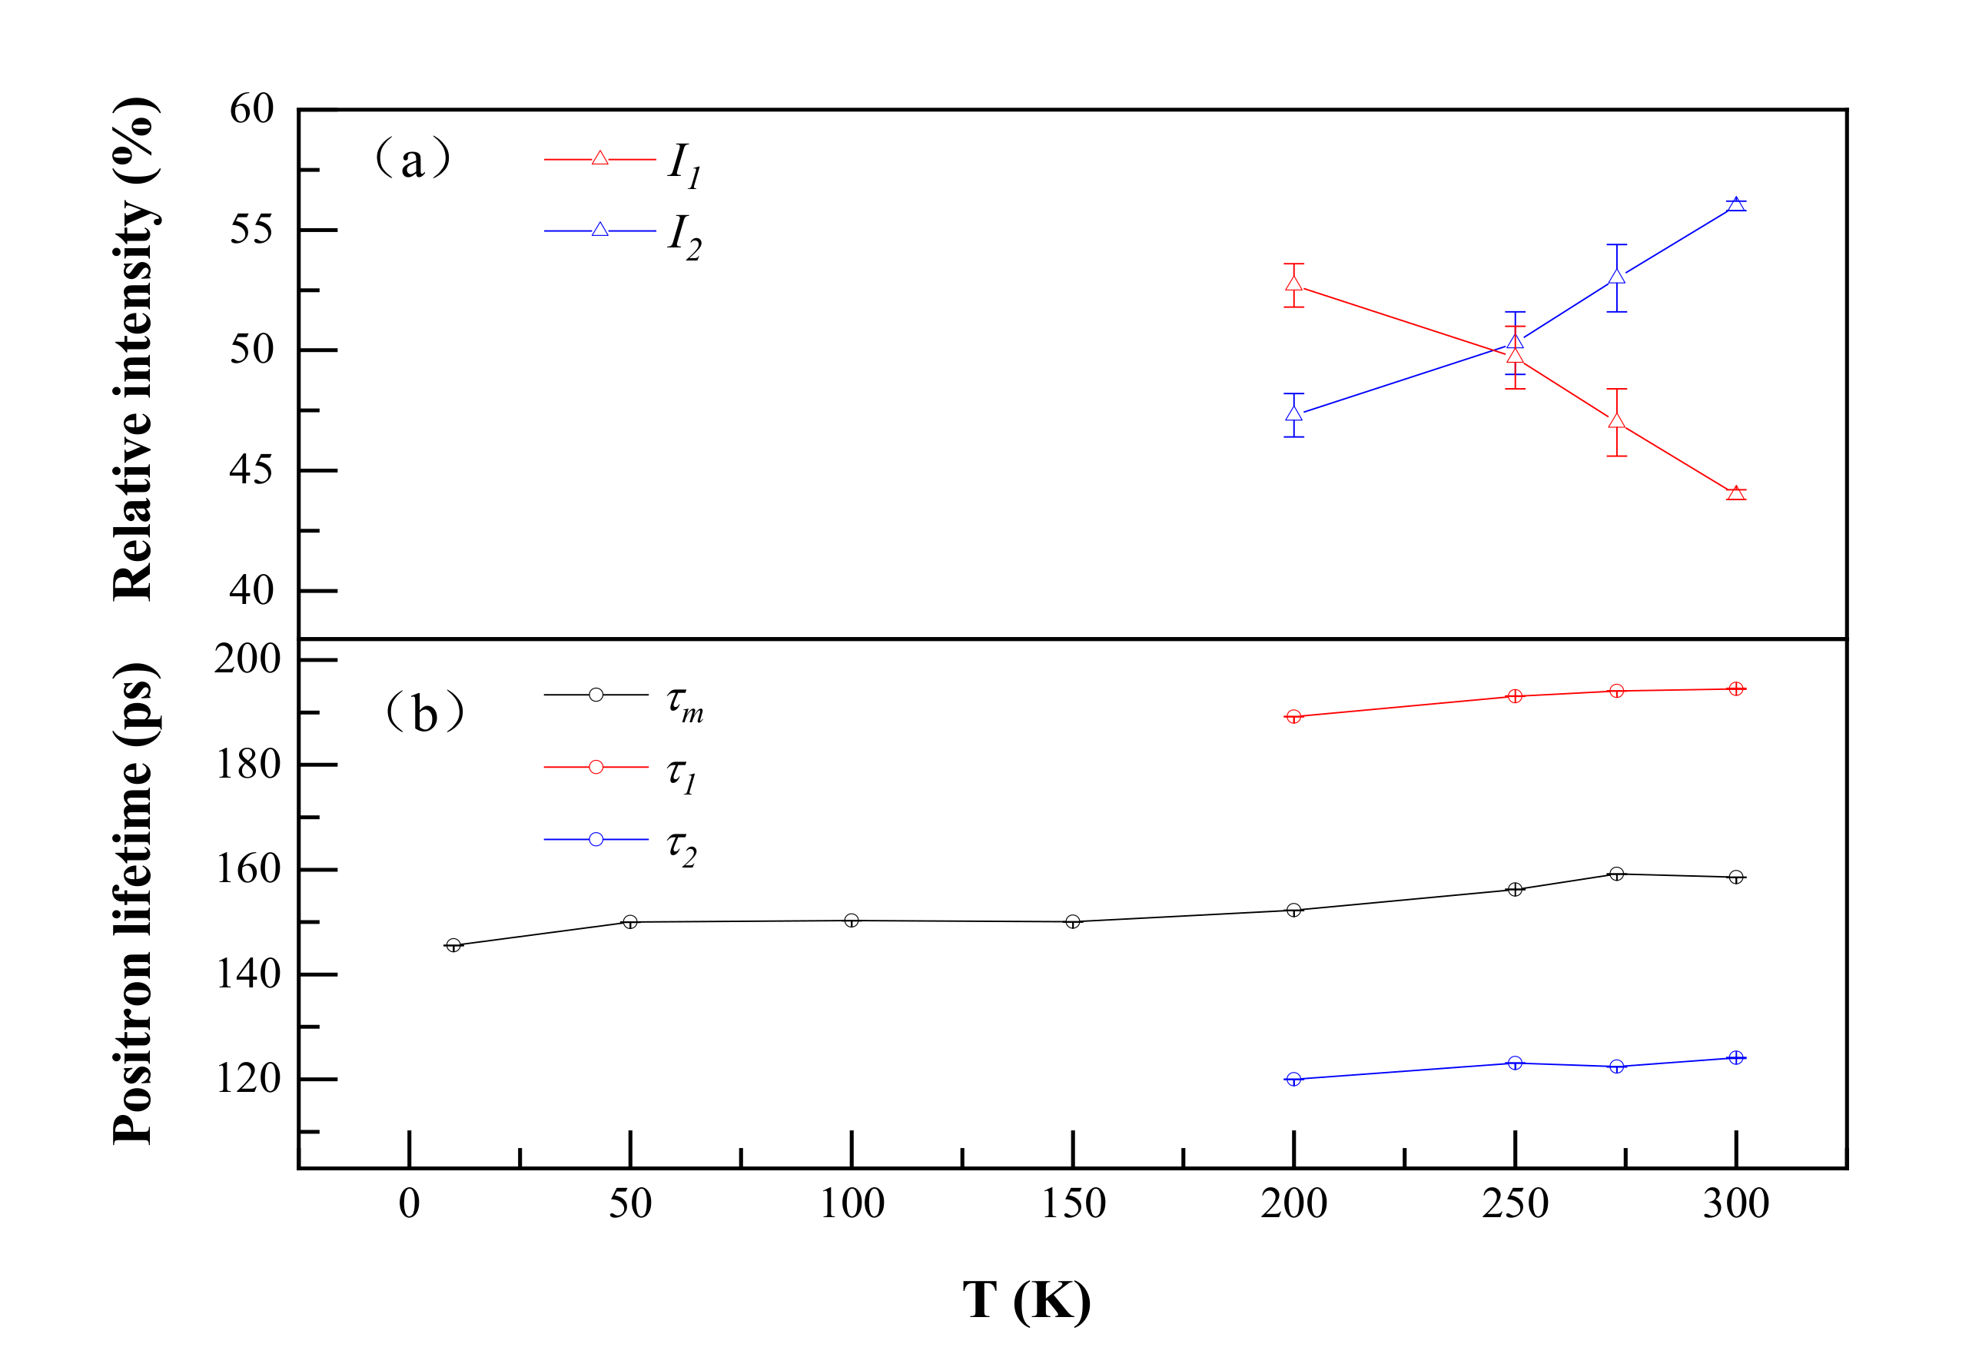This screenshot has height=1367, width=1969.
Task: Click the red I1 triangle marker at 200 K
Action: (1293, 284)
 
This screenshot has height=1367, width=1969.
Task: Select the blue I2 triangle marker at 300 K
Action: (1735, 204)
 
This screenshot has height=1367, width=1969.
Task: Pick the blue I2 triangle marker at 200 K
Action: (1293, 413)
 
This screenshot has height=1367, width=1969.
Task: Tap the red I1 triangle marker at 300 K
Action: (1735, 493)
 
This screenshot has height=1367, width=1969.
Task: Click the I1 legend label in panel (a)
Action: (684, 164)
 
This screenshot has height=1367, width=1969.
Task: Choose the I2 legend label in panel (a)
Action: (684, 236)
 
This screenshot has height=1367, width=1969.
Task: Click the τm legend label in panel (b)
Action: (684, 703)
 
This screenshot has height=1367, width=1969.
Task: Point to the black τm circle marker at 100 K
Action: (852, 921)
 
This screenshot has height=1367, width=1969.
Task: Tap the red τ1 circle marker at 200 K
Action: (1293, 717)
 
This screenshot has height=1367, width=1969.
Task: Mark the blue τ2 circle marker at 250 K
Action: (1515, 1063)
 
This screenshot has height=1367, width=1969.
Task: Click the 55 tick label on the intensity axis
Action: (251, 231)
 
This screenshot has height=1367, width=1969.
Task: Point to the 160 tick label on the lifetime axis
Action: (247, 869)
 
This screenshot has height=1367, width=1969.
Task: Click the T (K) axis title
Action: (1026, 1300)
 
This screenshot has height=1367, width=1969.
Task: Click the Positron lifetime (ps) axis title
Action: (134, 903)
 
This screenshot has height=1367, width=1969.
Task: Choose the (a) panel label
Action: (412, 159)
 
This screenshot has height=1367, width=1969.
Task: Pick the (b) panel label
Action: (424, 712)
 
